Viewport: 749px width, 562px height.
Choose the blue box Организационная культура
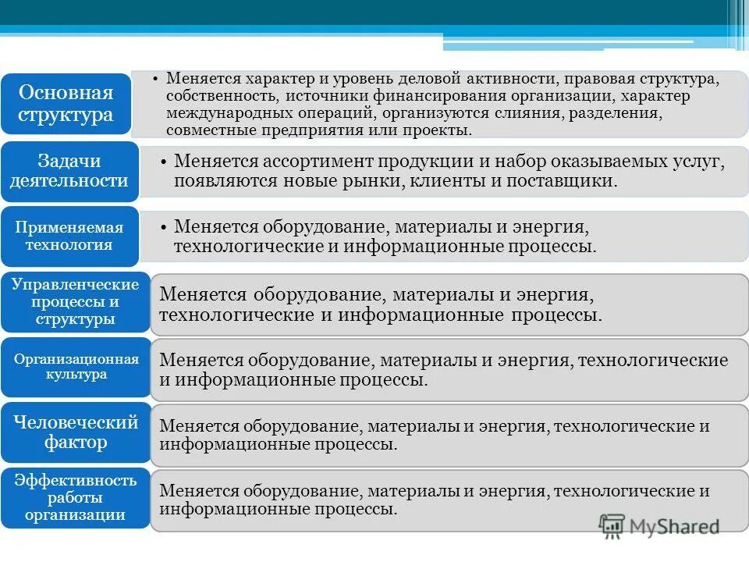point(76,367)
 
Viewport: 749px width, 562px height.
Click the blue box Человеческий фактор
point(76,432)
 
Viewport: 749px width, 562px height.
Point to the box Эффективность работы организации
point(75,497)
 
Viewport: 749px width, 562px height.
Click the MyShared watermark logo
point(659,525)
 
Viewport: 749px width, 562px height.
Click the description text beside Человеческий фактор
point(434,436)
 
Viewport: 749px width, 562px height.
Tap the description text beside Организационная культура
point(443,370)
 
